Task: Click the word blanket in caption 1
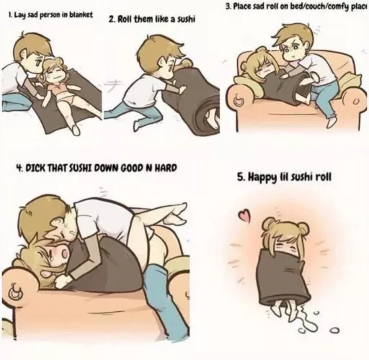pyautogui.click(x=81, y=15)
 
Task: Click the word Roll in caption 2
pyautogui.click(x=124, y=19)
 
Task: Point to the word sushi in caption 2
pyautogui.click(x=185, y=19)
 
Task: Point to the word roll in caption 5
pyautogui.click(x=324, y=177)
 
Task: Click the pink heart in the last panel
pyautogui.click(x=245, y=215)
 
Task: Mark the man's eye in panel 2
pyautogui.click(x=170, y=69)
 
